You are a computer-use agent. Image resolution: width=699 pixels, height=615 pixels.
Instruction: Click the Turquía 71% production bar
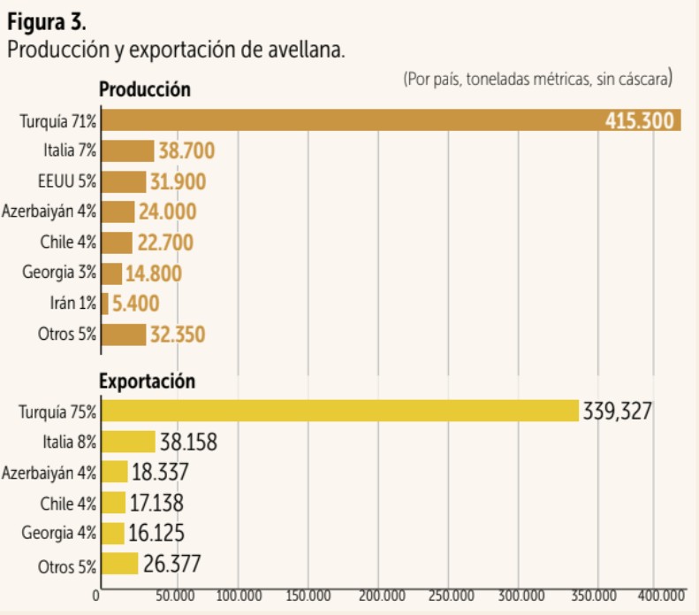[x=353, y=120]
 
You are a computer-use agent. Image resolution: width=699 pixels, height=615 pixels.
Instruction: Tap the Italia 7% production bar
[x=128, y=151]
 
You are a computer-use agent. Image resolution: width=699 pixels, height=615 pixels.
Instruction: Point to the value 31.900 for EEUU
[x=178, y=182]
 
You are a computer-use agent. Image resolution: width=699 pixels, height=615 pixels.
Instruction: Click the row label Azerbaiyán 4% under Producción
[x=49, y=212]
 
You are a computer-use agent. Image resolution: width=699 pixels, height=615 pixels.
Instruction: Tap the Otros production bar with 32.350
[x=124, y=334]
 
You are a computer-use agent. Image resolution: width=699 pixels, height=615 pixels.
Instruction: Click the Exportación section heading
[x=147, y=382]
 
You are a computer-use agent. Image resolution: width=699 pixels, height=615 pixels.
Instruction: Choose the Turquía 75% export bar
[x=340, y=411]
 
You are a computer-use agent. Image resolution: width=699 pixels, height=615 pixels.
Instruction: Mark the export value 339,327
[x=617, y=411]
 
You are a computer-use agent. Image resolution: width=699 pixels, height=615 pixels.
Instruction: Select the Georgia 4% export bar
[x=113, y=534]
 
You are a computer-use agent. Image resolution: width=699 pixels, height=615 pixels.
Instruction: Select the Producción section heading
[x=145, y=89]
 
